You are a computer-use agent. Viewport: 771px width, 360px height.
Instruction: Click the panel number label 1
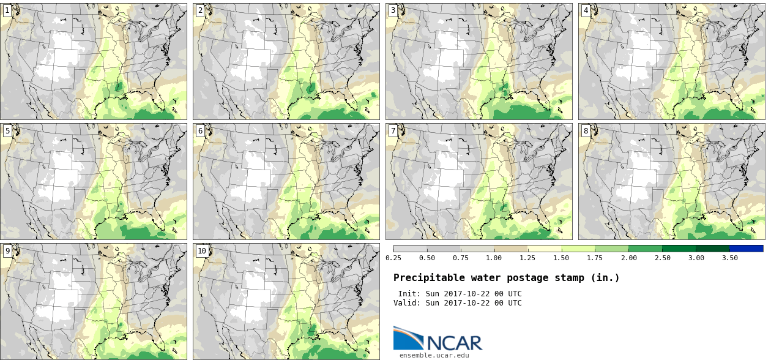coord(7,10)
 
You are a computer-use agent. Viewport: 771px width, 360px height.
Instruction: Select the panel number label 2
coord(200,10)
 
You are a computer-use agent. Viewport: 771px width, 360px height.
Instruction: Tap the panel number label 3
coord(393,10)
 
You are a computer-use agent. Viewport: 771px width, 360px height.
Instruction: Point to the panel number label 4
coord(586,10)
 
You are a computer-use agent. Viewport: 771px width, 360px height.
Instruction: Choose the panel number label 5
coord(7,131)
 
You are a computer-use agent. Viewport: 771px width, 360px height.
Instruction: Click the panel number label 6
coord(200,131)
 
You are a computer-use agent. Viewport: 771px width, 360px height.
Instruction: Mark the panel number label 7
coord(393,131)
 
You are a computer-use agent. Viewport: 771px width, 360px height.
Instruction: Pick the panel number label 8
coord(586,131)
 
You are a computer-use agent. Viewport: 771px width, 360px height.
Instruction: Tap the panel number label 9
coord(7,251)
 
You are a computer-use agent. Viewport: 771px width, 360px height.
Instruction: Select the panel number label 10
coord(202,251)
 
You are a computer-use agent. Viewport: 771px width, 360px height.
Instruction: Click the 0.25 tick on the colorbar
coord(393,258)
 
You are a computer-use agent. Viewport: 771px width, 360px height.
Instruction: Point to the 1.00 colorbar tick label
coord(494,258)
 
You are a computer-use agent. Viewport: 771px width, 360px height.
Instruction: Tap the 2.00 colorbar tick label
coord(629,258)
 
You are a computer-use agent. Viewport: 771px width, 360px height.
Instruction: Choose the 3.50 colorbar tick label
coord(729,258)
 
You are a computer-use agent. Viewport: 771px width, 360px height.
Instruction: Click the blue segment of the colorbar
coord(747,249)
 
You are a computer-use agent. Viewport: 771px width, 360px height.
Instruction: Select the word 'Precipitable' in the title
coord(429,278)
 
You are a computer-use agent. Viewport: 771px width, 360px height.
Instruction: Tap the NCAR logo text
coord(455,343)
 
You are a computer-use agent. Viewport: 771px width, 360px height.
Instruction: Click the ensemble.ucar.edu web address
coord(434,355)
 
